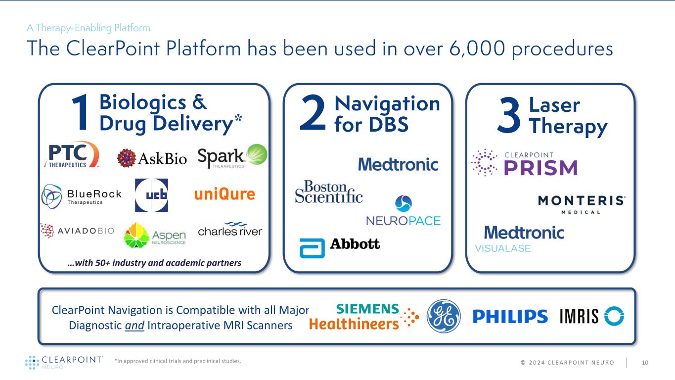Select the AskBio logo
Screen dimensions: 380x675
(x=152, y=158)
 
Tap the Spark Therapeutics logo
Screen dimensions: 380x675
(x=232, y=156)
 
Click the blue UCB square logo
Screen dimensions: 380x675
(x=151, y=195)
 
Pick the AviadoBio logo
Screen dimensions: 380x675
(x=77, y=231)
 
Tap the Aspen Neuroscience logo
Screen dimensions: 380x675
(x=155, y=235)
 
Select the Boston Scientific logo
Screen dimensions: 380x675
(x=329, y=191)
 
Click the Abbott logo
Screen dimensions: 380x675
(x=340, y=245)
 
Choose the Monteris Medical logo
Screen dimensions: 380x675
(x=582, y=204)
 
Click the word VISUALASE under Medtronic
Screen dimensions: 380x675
(x=502, y=249)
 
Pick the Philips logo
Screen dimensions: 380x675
(x=510, y=317)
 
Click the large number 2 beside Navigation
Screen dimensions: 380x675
(x=313, y=115)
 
